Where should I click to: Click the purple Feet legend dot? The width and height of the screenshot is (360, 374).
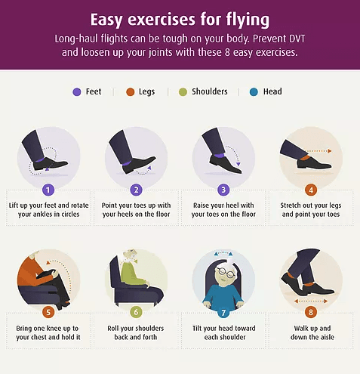pos(77,92)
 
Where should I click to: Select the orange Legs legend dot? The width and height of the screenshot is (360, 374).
pos(130,92)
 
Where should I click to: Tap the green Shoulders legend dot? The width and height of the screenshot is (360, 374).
pos(183,92)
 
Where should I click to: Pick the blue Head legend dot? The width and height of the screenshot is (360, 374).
pos(254,92)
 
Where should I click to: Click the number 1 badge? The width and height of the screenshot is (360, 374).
pos(48,190)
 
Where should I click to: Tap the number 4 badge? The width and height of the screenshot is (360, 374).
pos(311,190)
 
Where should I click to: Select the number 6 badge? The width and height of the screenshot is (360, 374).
pos(136,312)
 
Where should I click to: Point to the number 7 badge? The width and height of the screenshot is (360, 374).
pos(223,313)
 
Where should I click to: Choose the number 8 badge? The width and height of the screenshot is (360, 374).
pos(311,313)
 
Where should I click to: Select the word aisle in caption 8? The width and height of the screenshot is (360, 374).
pos(326,337)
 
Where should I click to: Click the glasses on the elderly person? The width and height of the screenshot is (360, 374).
pos(226,272)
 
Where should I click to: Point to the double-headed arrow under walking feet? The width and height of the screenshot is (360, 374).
pos(311,301)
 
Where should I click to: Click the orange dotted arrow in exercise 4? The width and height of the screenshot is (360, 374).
pos(318,151)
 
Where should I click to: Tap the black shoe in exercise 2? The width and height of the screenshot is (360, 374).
pos(139,165)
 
